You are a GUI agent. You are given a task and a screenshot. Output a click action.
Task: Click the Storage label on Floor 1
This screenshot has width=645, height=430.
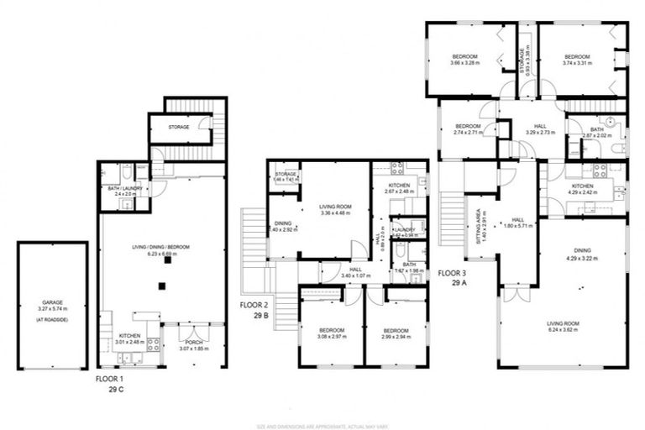tap(177, 127)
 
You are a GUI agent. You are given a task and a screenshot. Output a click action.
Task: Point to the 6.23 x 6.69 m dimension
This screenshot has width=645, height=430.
tap(160, 252)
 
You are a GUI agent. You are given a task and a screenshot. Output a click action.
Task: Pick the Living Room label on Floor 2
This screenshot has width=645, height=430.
tap(333, 205)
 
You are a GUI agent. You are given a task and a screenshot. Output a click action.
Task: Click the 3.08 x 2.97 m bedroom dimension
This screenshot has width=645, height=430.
tap(319, 335)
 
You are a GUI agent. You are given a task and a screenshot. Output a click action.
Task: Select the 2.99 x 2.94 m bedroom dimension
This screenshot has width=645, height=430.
tap(396, 335)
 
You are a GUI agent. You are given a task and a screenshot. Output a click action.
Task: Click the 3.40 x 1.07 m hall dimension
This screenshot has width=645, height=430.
tap(350, 275)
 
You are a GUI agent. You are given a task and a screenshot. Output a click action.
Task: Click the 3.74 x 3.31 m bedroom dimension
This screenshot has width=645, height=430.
tap(577, 63)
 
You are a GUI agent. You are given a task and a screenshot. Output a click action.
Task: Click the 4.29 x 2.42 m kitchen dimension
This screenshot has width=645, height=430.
tap(583, 191)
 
